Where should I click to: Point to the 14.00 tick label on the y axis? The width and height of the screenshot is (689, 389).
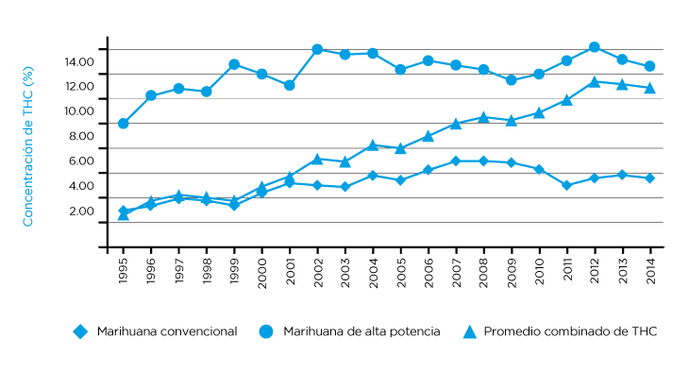(79, 62)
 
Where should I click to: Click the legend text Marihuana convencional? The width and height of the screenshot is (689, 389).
(166, 331)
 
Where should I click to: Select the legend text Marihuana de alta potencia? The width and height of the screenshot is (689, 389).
(362, 331)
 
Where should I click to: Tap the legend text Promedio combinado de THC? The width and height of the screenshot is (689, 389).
(570, 331)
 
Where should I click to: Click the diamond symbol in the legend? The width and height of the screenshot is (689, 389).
(80, 331)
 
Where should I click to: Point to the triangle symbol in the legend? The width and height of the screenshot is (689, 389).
(469, 331)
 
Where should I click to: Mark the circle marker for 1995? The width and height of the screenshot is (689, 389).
(124, 124)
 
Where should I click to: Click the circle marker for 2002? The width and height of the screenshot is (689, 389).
(317, 49)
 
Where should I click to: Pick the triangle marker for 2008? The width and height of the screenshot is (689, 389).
(484, 117)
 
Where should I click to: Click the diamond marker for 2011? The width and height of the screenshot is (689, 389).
(567, 185)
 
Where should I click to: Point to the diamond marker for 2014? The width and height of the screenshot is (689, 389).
(650, 178)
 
